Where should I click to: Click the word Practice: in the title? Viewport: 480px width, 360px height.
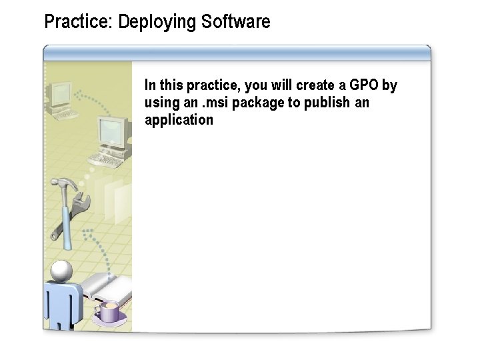78,22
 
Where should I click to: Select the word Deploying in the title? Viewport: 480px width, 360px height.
157,23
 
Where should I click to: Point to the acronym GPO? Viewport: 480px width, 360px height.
364,85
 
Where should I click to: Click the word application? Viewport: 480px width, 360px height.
179,121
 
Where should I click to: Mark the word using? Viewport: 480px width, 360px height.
161,104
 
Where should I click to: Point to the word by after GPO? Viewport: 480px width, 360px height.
389,86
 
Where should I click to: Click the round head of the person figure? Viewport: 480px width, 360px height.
61,270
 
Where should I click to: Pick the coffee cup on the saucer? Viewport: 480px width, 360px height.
108,311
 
